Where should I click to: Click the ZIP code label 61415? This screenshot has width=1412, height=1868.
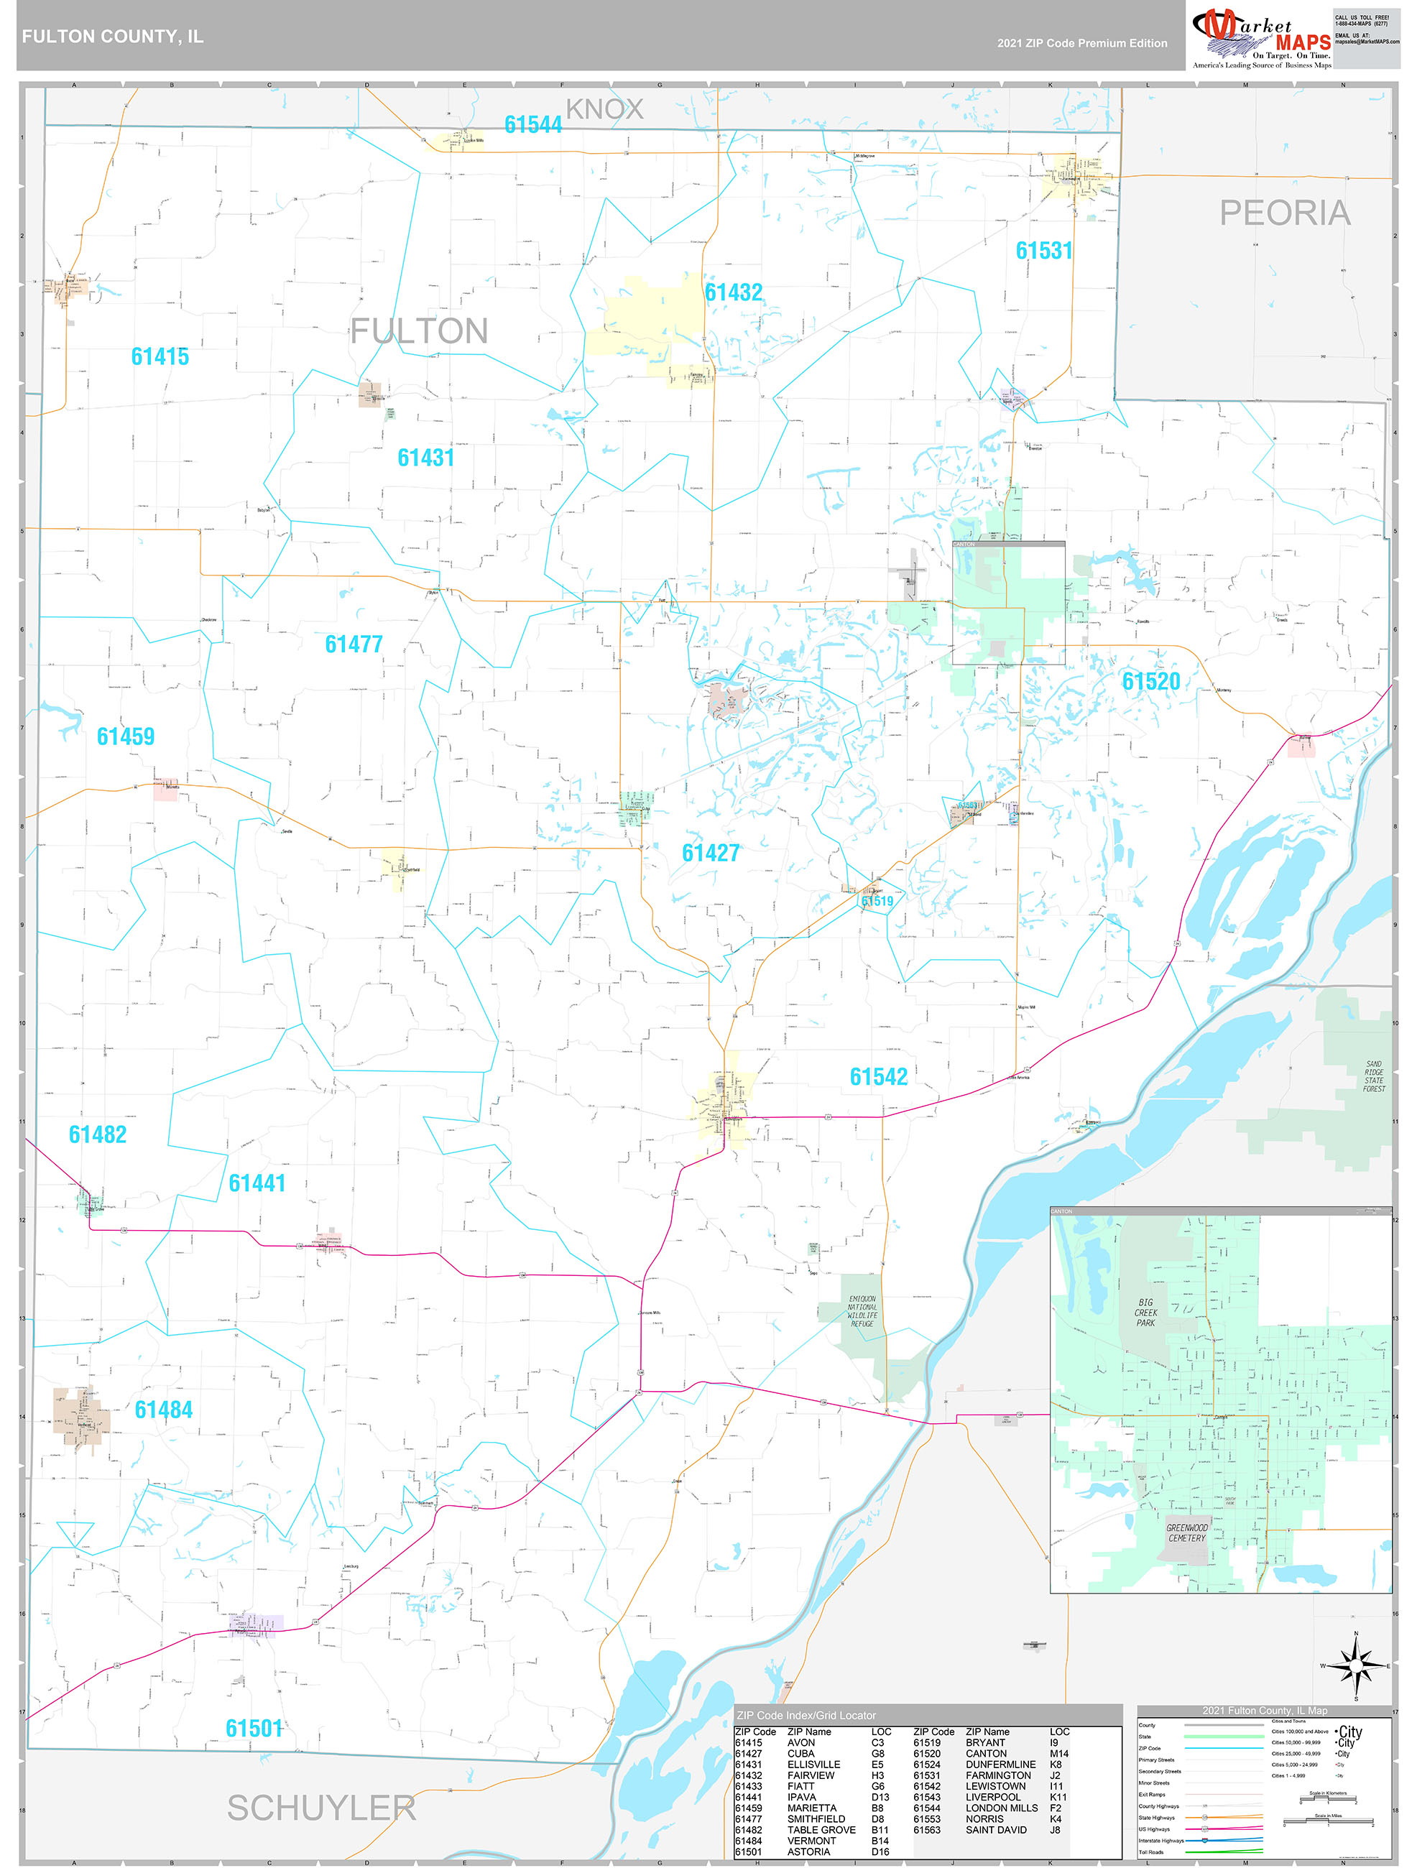click(160, 356)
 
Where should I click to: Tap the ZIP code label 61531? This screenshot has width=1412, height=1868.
click(1044, 251)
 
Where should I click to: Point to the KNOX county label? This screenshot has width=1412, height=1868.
click(604, 109)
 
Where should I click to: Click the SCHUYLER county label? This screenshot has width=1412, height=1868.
click(321, 1808)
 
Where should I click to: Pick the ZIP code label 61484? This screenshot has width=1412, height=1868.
click(164, 1410)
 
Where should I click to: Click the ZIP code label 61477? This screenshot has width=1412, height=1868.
click(354, 644)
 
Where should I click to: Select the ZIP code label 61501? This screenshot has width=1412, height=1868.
click(254, 1729)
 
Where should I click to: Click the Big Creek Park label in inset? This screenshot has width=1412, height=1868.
click(1145, 1313)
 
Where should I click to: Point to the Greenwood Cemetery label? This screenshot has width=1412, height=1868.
click(1186, 1532)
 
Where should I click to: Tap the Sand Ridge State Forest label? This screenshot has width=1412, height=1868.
click(1373, 1077)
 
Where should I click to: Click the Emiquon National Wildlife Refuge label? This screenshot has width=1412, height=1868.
click(862, 1311)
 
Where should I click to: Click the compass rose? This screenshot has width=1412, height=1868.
click(1356, 1665)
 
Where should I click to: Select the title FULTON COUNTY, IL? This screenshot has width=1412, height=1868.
click(112, 37)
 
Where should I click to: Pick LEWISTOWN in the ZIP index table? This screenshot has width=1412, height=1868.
click(996, 1786)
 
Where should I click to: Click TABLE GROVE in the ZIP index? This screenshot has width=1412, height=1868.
click(821, 1830)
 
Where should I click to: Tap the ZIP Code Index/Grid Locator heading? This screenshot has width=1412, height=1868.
click(806, 1715)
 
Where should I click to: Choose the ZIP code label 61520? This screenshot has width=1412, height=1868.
click(1150, 682)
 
